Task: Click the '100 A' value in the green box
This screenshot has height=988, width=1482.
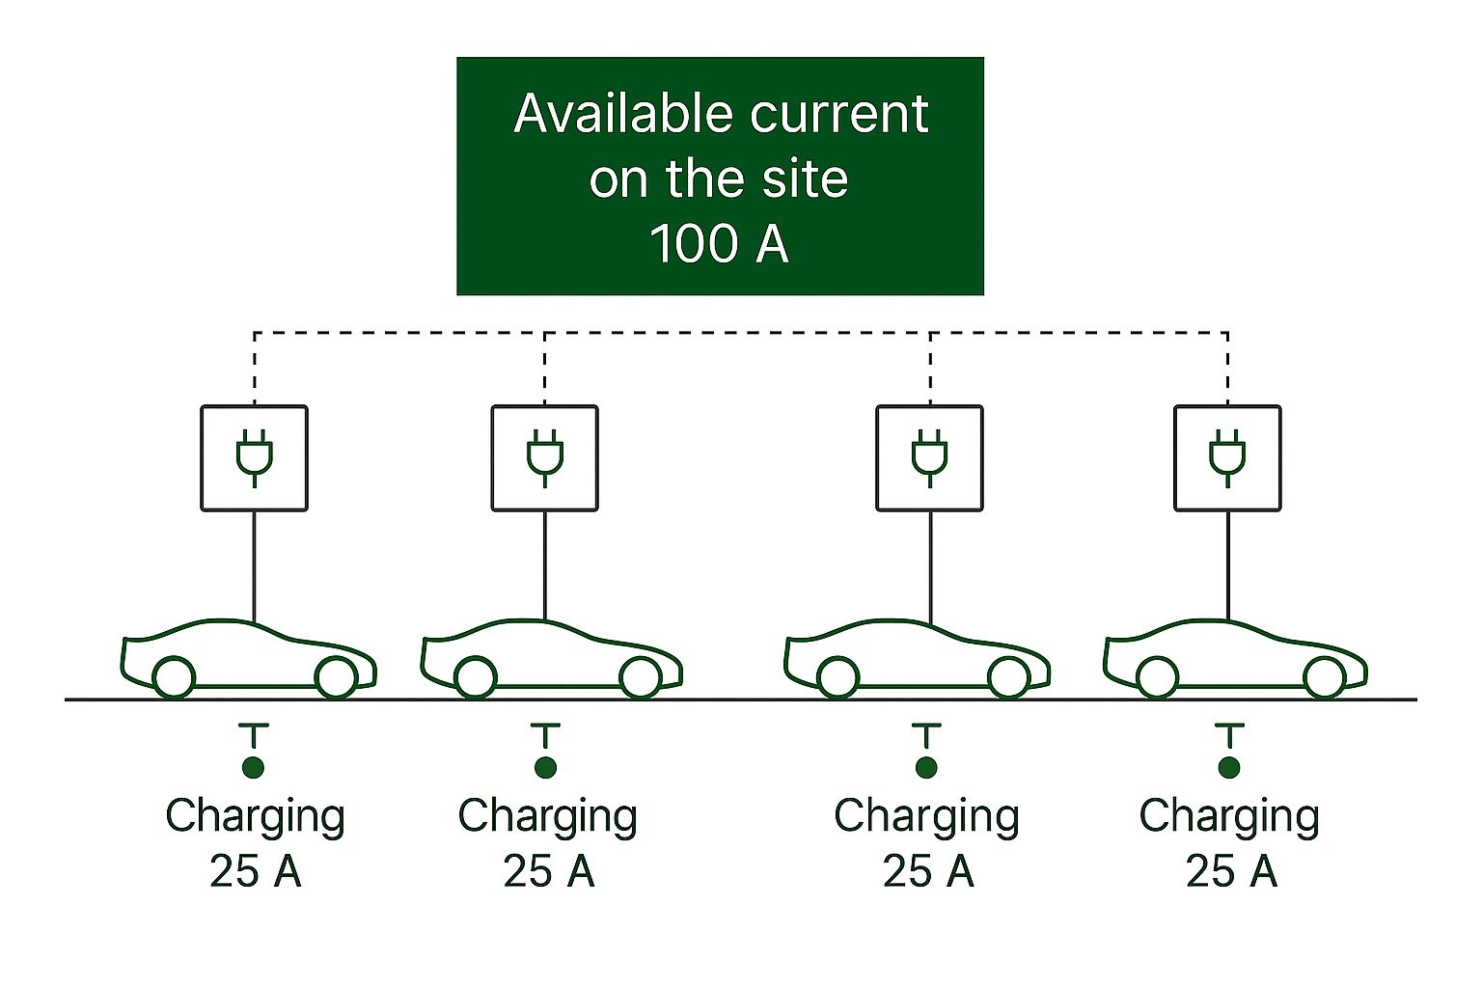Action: (x=720, y=243)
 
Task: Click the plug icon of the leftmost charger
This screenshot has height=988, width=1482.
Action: (x=255, y=457)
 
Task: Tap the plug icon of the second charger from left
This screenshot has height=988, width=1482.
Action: (x=545, y=457)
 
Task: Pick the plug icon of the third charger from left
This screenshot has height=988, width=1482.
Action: (x=930, y=457)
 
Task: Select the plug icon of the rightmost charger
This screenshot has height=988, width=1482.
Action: (x=1227, y=457)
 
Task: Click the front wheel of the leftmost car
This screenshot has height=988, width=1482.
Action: (x=336, y=677)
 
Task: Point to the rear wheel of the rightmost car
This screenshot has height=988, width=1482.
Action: (x=1157, y=677)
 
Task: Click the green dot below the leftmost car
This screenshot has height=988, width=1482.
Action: (x=254, y=768)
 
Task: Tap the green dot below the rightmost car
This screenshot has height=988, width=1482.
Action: (x=1228, y=768)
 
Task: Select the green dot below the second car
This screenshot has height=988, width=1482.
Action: (x=545, y=768)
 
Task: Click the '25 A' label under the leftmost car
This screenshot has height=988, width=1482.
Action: (x=255, y=871)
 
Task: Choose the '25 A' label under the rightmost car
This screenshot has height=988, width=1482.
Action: (x=1230, y=871)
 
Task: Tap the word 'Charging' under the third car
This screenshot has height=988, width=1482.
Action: (x=926, y=816)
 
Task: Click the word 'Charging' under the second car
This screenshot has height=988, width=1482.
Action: (x=547, y=816)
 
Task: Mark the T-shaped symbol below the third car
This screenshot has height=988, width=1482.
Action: (x=926, y=735)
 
